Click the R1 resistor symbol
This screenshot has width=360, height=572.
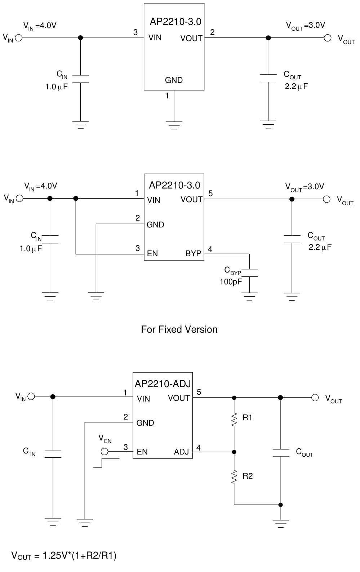pyautogui.click(x=234, y=419)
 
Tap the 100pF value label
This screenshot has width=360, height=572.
pyautogui.click(x=231, y=282)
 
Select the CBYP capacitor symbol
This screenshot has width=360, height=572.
pyautogui.click(x=249, y=272)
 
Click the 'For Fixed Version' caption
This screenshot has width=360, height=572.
pyautogui.click(x=179, y=329)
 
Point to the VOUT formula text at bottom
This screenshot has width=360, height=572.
pyautogui.click(x=64, y=555)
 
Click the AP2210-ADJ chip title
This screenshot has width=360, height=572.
pyautogui.click(x=163, y=383)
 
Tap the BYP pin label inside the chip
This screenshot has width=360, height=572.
pyautogui.click(x=193, y=253)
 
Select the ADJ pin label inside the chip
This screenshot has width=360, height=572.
pyautogui.click(x=182, y=452)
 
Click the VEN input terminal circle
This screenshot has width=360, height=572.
pyautogui.click(x=105, y=452)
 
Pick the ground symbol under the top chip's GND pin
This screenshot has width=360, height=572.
pyautogui.click(x=174, y=125)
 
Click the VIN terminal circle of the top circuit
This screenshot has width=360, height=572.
pyautogui.click(x=18, y=37)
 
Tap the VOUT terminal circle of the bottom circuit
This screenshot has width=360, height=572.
pyautogui.click(x=315, y=397)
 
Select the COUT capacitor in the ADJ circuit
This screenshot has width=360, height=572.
pyautogui.click(x=280, y=453)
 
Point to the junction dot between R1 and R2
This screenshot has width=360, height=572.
pyautogui.click(x=234, y=452)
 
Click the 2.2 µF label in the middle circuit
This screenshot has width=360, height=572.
pyautogui.click(x=320, y=247)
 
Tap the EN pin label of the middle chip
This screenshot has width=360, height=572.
pyautogui.click(x=152, y=253)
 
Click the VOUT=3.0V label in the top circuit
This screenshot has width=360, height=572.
pyautogui.click(x=305, y=25)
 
